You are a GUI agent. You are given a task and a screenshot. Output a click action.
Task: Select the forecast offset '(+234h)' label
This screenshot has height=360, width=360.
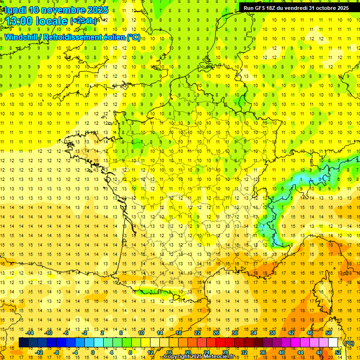tap(83, 21)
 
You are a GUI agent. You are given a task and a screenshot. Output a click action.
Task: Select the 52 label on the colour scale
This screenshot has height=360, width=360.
tap(338, 352)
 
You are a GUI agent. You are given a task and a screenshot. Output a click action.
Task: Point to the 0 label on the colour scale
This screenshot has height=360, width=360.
tap(93, 352)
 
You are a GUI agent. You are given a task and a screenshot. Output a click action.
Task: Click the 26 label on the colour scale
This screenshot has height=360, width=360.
tap(216, 333)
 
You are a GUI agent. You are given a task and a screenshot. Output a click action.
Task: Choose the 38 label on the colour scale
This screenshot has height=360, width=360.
tap(272, 333)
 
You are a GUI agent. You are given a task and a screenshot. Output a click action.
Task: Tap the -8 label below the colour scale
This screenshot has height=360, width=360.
tap(57, 352)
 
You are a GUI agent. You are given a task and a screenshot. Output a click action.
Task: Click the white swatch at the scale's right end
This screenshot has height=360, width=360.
tap(333, 343)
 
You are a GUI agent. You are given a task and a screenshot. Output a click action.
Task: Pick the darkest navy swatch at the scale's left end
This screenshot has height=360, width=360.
tap(23, 343)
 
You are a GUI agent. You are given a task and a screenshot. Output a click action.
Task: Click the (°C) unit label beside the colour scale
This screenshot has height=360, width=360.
tap(349, 343)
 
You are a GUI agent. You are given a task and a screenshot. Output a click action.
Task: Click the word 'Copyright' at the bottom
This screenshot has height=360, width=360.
tap(176, 357)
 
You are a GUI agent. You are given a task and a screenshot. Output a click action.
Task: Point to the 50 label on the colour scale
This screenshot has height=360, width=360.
tap(329, 333)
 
